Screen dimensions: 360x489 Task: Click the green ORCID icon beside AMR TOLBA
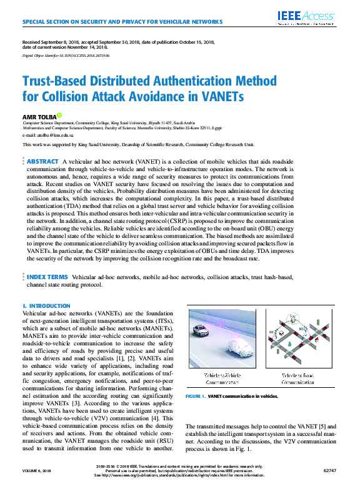(59, 115)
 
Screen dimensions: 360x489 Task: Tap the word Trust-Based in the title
(59, 81)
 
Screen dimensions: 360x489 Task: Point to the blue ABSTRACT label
(42, 161)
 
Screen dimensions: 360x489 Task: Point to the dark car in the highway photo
(200, 331)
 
